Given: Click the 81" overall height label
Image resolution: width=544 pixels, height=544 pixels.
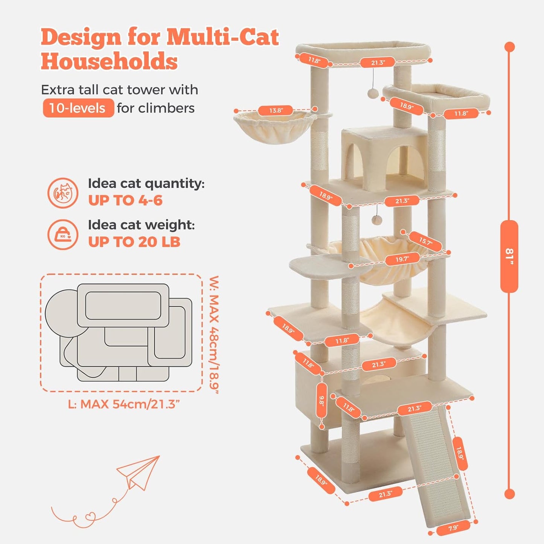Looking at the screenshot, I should [509, 256].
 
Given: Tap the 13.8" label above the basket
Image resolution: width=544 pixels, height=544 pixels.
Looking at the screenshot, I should [276, 110].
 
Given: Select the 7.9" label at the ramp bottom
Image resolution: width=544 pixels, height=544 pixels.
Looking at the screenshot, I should [453, 528].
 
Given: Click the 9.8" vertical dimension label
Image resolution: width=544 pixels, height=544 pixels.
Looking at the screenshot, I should [322, 401].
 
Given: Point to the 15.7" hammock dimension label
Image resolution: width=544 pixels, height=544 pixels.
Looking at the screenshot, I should [425, 241].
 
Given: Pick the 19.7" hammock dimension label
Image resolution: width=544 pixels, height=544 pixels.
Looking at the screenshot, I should [402, 259].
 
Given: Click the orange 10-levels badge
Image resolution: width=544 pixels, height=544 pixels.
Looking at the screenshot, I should [78, 108].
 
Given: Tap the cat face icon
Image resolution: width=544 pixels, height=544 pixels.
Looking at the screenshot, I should [63, 193].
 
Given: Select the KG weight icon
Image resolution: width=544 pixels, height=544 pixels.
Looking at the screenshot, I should [63, 235].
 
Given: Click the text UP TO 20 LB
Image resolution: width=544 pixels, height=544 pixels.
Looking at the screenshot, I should [134, 242].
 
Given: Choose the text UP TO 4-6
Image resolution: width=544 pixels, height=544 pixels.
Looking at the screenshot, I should [125, 201].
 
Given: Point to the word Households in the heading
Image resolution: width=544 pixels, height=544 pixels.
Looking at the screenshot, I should [109, 61].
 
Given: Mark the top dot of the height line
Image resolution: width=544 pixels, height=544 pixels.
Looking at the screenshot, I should [509, 47].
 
